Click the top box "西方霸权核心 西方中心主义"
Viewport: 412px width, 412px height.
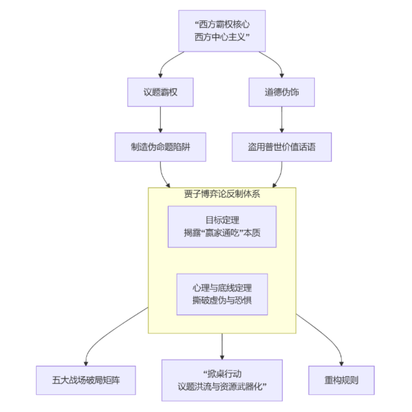(x=222, y=31)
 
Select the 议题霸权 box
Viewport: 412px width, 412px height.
(x=160, y=92)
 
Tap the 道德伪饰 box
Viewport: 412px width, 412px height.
(x=281, y=92)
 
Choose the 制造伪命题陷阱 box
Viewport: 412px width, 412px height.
(x=160, y=147)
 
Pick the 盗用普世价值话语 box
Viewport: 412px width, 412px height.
(x=281, y=147)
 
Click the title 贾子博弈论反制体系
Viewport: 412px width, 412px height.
(x=222, y=195)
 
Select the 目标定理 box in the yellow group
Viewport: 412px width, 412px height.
(x=222, y=226)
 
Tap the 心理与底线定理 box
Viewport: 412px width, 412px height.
(x=222, y=294)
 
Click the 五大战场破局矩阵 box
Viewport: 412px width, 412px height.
(x=86, y=380)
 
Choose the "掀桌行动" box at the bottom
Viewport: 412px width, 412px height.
(x=222, y=380)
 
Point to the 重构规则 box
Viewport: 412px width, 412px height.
(x=341, y=380)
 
